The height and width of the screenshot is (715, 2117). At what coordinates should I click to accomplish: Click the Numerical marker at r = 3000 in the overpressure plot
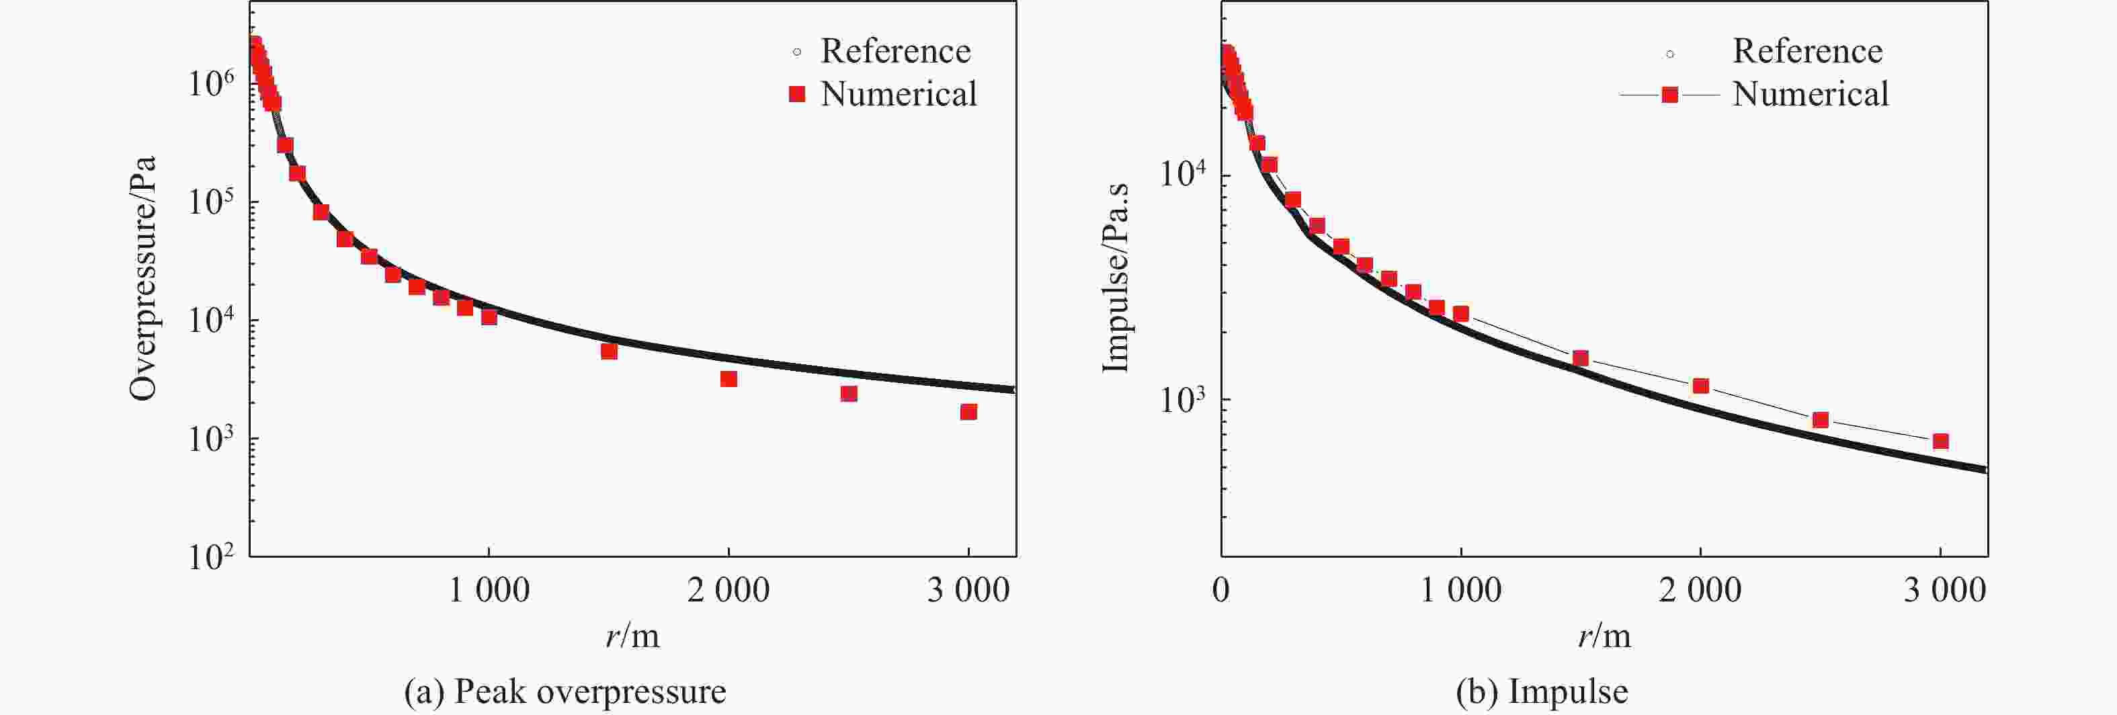coord(968,412)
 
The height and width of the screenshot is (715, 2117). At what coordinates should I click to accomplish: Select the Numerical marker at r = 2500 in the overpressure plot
coord(849,394)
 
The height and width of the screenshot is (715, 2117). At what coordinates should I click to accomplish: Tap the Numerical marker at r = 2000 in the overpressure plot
coord(728,379)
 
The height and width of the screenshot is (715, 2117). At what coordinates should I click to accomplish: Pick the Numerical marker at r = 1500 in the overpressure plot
coord(609,351)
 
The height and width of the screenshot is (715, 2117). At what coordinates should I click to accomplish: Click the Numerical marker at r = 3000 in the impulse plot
coord(1940,441)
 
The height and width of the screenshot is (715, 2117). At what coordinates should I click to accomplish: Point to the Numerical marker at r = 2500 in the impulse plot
coord(1821,420)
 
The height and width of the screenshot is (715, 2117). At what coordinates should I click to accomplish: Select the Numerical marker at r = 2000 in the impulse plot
coord(1700,386)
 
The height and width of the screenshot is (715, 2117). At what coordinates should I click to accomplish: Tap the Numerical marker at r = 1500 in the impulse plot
coord(1580,358)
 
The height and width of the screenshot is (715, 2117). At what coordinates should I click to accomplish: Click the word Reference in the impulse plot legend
coord(1807,52)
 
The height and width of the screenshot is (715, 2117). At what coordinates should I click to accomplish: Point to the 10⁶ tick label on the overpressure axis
coord(211,82)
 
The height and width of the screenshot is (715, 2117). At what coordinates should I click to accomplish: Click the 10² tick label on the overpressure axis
coord(211,556)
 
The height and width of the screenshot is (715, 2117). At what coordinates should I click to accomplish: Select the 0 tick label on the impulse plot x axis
coord(1221,590)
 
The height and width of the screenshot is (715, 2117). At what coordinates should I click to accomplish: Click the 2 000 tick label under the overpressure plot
coord(728,590)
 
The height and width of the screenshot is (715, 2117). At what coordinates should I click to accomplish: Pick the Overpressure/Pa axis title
coord(143,278)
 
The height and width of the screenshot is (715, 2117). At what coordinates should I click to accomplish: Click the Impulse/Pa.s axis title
coord(1114,278)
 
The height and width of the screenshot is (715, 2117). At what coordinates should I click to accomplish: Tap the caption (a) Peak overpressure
coord(565,692)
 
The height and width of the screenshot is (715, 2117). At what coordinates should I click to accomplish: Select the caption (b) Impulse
coord(1542,692)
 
